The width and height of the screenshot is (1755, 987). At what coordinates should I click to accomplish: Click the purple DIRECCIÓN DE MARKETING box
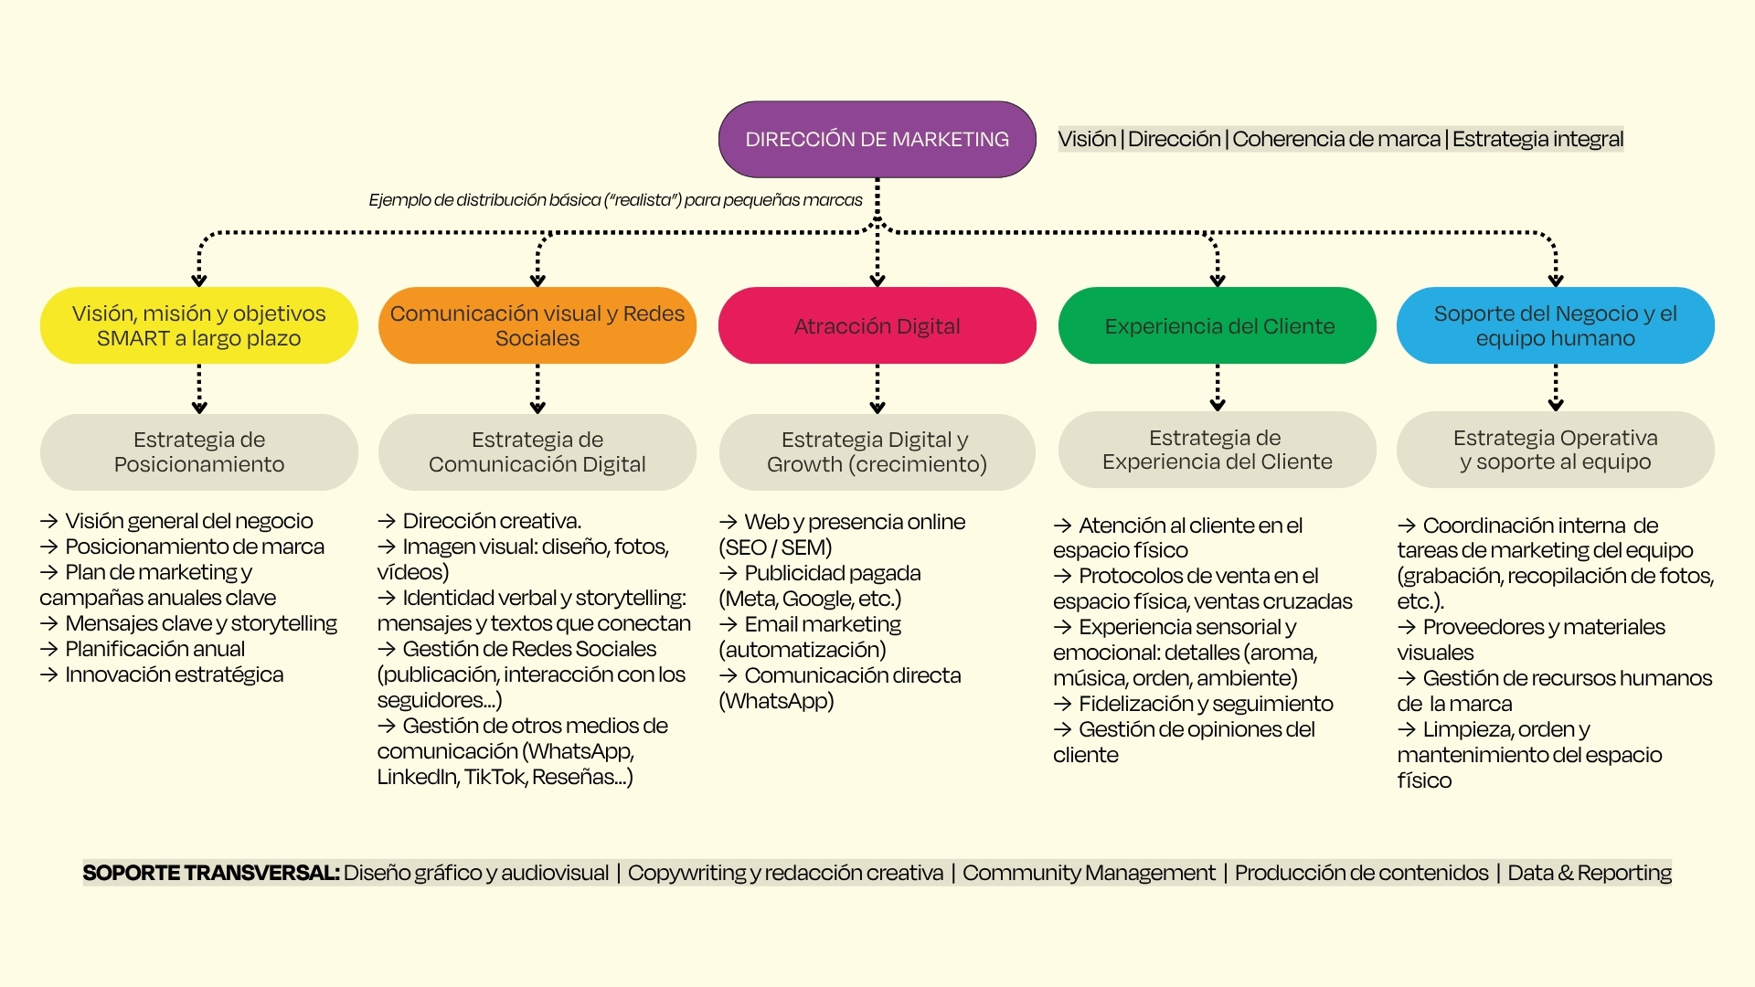(877, 139)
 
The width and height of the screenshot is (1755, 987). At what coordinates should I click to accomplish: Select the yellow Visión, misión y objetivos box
(199, 325)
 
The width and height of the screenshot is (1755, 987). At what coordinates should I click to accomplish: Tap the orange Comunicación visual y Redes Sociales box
(537, 325)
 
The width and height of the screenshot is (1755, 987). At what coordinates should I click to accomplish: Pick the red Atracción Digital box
(877, 325)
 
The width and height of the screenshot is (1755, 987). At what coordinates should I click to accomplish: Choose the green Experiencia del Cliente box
(1218, 325)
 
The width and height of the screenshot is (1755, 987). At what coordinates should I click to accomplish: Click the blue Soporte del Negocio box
(1556, 325)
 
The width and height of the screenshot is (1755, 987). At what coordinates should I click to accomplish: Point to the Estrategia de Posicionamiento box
(199, 452)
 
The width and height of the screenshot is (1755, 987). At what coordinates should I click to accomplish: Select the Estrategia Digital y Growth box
(877, 452)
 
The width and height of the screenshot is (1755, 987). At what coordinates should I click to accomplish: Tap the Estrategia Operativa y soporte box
(1556, 450)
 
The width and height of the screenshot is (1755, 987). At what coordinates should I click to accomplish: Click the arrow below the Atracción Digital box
(877, 389)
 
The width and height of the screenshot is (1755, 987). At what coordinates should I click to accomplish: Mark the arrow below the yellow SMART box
(199, 389)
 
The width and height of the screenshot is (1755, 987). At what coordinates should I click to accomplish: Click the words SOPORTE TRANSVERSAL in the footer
(211, 873)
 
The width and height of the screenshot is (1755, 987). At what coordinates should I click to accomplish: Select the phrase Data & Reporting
(1590, 873)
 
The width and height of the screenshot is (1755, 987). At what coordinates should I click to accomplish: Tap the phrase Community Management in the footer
(1089, 873)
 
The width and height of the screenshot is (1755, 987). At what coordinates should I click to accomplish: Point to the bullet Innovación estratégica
(162, 674)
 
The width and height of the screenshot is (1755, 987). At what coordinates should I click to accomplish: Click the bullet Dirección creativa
(480, 521)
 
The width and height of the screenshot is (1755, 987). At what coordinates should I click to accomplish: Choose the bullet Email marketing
(811, 624)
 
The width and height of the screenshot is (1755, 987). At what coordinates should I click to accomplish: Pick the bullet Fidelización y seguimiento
(1194, 704)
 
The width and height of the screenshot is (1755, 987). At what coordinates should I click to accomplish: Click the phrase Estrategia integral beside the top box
(1537, 139)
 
